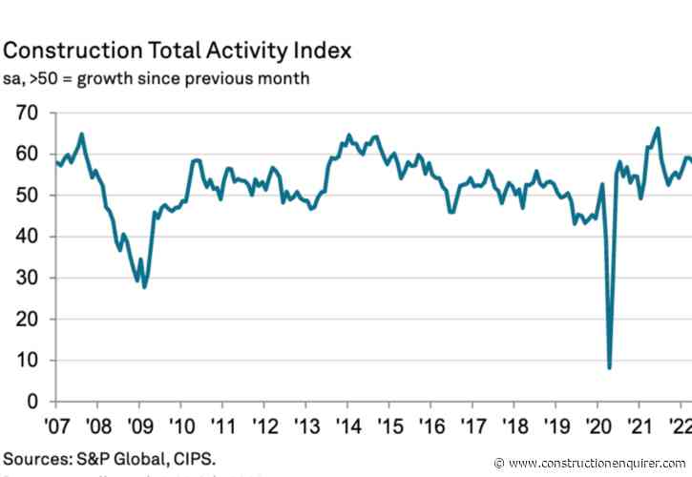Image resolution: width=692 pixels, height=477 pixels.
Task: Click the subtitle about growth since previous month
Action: click(x=157, y=77)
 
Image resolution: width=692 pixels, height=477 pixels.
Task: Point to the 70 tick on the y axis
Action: click(x=25, y=113)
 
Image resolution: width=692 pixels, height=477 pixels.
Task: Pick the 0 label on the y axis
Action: click(x=31, y=402)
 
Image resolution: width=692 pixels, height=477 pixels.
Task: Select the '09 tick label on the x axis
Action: click(x=139, y=425)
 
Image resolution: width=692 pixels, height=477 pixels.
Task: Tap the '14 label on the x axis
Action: click(x=346, y=425)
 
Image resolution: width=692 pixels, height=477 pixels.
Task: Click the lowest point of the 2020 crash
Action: click(x=609, y=367)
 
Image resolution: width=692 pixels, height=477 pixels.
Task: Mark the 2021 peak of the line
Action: click(x=658, y=128)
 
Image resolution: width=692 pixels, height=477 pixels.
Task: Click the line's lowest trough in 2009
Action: click(x=145, y=286)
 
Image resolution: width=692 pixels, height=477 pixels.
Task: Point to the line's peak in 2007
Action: click(x=82, y=134)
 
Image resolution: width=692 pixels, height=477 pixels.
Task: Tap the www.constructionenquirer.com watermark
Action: click(x=596, y=463)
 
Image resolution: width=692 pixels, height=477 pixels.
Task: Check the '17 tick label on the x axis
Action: click(x=469, y=425)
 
